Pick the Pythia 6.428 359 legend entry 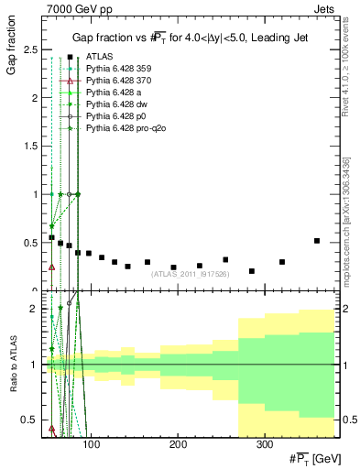click(116, 69)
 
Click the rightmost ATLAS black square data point click(317, 241)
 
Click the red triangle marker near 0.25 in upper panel click(51, 267)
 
